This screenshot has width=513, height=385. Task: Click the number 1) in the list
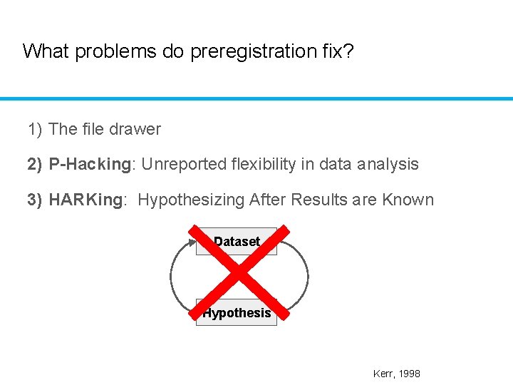[35, 129]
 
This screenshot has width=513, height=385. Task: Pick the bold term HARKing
[86, 200]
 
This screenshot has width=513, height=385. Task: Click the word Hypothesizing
[190, 200]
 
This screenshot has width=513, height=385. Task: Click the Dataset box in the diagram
[237, 242]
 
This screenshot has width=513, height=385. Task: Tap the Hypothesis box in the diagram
[237, 312]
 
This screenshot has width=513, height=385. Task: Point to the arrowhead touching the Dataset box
[193, 242]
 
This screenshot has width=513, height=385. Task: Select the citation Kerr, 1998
[396, 374]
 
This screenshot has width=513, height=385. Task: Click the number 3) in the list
[35, 200]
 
